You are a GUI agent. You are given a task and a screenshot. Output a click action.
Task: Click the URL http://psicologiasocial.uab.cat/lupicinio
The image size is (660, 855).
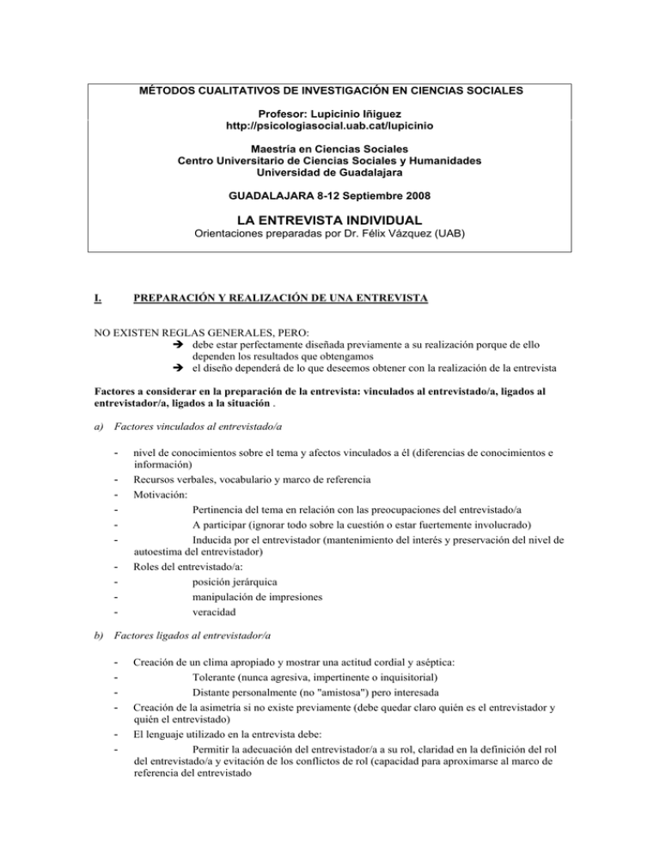[x=330, y=126]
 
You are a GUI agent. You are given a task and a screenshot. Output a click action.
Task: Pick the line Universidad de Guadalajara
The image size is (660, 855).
[x=330, y=172]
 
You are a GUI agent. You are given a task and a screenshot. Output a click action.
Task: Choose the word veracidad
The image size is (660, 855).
[x=218, y=613]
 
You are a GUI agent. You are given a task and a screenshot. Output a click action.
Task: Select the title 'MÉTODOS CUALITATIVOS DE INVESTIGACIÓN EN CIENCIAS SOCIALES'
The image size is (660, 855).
[x=330, y=90]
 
